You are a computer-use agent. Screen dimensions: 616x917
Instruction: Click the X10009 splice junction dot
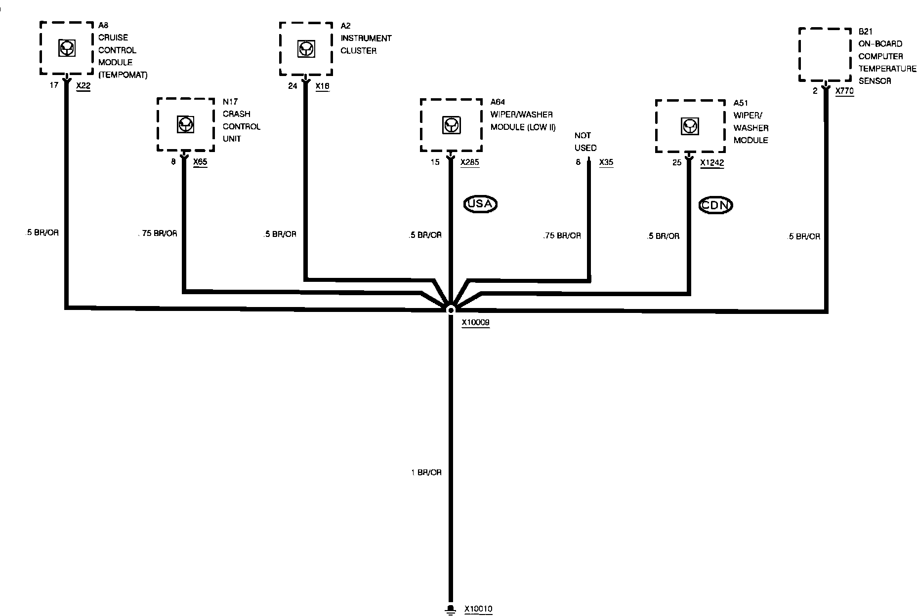tap(450, 309)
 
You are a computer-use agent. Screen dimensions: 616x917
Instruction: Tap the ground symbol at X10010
tap(450, 609)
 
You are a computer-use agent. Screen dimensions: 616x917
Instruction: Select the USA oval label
tap(480, 203)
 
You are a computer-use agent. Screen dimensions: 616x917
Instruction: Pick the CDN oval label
tap(715, 205)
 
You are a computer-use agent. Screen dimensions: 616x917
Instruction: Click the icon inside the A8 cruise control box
tap(67, 48)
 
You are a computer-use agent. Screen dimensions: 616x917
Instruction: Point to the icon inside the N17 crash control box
tap(185, 124)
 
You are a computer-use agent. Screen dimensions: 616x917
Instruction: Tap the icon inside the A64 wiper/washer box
tap(451, 125)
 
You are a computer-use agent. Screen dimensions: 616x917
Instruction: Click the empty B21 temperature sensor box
tap(825, 54)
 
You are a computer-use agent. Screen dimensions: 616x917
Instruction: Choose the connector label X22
tap(83, 85)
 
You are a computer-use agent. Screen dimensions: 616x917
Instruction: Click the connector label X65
tap(200, 161)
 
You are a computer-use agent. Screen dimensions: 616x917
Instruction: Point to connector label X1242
tap(712, 162)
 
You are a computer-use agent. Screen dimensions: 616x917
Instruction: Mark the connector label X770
tap(844, 91)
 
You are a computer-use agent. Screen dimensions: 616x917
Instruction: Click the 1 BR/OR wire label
tap(426, 472)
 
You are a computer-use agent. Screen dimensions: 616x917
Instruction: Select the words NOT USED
tap(585, 141)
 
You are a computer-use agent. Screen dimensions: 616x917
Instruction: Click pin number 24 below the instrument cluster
tap(293, 86)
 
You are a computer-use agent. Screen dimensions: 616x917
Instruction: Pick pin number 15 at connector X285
tap(435, 162)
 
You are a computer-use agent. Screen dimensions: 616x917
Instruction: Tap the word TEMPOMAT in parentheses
tap(123, 75)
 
